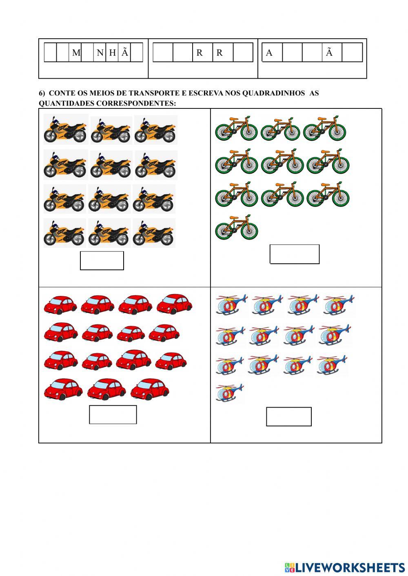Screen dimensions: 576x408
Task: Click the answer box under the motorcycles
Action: (102, 260)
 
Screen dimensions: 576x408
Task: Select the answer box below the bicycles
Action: (294, 254)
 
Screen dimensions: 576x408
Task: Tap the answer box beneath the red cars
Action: (113, 415)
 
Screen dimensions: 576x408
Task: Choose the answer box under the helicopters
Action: (288, 416)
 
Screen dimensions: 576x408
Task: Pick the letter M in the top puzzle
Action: (76, 53)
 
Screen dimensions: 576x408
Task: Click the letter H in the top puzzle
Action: (112, 53)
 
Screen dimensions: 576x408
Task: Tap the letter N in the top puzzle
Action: (100, 53)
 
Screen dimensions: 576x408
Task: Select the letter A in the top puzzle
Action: (269, 53)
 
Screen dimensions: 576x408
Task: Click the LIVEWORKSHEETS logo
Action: (344, 567)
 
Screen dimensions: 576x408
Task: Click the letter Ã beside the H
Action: (125, 52)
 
